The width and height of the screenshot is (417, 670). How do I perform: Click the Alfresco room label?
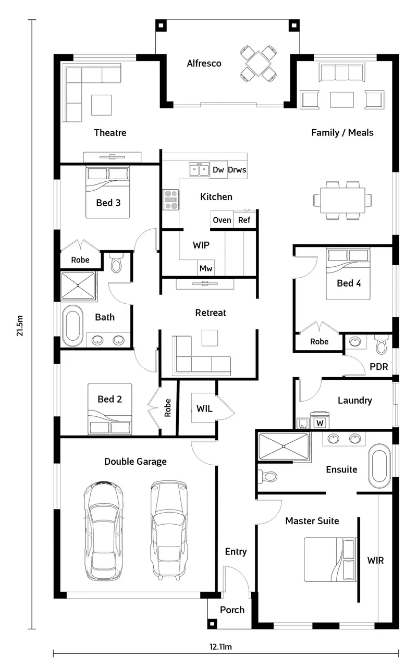tap(204, 64)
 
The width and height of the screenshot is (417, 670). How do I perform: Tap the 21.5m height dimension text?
tap(20, 326)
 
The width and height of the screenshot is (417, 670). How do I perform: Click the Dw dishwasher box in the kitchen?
tap(218, 170)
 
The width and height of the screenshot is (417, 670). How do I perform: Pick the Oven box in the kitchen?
tap(222, 220)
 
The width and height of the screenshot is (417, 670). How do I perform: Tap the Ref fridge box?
tap(244, 220)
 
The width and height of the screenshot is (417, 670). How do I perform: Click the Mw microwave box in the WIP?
tap(206, 268)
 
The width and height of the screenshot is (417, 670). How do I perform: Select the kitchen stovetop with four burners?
tap(171, 200)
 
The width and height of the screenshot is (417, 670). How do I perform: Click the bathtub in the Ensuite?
tap(379, 466)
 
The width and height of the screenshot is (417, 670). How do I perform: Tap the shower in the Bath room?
tap(78, 286)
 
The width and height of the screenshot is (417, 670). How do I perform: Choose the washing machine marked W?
tap(320, 420)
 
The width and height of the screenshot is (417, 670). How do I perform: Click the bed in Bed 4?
tap(348, 274)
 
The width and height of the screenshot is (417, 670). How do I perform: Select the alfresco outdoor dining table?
tap(258, 64)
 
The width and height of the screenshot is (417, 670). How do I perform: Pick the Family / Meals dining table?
tap(343, 200)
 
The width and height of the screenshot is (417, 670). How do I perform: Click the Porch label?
tap(232, 610)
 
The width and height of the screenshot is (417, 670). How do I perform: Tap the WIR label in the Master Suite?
tap(375, 560)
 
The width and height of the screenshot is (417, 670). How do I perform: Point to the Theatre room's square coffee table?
tap(102, 105)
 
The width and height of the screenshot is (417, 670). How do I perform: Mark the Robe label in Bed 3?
tap(80, 259)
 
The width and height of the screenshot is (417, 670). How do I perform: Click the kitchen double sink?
tap(199, 170)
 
